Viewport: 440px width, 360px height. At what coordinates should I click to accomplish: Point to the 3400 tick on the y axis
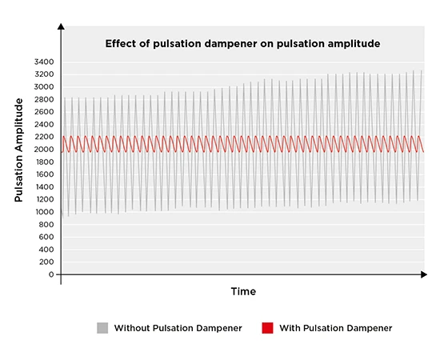[x=43, y=62]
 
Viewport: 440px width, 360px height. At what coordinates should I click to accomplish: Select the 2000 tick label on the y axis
[x=43, y=149]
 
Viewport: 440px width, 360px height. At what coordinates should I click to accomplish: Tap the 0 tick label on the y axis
[x=50, y=274]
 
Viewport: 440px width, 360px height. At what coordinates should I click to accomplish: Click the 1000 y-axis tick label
[x=43, y=212]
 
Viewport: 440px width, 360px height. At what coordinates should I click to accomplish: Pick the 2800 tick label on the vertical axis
[x=43, y=99]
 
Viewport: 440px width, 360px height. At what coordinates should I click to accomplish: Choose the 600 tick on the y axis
[x=46, y=237]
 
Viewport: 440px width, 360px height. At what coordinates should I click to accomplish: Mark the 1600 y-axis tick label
[x=43, y=174]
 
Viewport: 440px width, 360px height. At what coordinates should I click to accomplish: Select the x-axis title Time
[x=243, y=292]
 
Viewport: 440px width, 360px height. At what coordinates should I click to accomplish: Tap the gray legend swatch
[x=102, y=328]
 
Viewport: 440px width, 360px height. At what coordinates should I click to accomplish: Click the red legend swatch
[x=267, y=328]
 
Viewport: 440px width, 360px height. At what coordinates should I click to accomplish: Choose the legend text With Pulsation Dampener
[x=336, y=328]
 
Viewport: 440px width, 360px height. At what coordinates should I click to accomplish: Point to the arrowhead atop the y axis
[x=62, y=27]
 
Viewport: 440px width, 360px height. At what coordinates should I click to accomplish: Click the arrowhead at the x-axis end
[x=423, y=274]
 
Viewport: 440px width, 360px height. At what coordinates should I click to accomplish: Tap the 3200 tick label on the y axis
[x=43, y=74]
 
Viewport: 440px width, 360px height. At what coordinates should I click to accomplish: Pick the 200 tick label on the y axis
[x=46, y=262]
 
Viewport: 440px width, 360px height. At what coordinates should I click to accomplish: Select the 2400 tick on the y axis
[x=43, y=124]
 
